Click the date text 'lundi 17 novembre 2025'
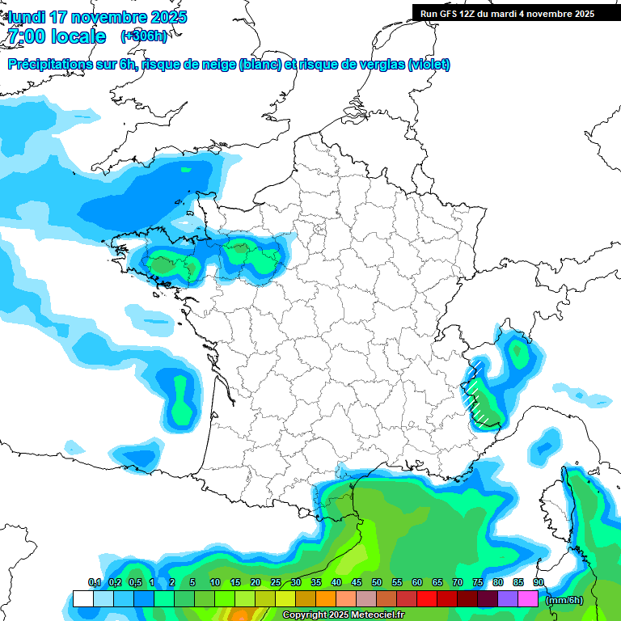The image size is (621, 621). [x=97, y=17]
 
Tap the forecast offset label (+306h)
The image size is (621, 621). [x=144, y=36]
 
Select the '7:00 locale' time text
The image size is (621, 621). [x=56, y=36]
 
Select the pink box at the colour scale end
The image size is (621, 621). [x=528, y=599]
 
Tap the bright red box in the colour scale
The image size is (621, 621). [x=427, y=599]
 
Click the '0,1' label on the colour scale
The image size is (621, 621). [x=95, y=583]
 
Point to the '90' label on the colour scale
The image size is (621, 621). [x=539, y=583]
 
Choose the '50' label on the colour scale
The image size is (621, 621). [x=377, y=583]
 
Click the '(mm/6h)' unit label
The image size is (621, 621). [x=564, y=600]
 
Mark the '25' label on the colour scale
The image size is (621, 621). [x=276, y=583]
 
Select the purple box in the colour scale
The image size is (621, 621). [x=508, y=599]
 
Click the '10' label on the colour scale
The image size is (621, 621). [x=215, y=583]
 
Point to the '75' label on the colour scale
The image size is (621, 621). [x=478, y=583]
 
